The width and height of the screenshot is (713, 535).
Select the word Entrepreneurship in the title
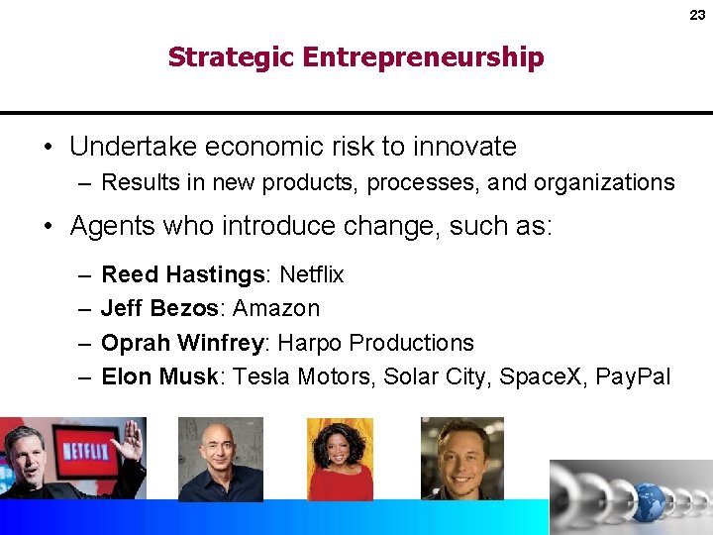point(424,57)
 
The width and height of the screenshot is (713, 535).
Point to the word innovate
point(464,147)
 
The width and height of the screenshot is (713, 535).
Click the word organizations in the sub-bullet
point(604,182)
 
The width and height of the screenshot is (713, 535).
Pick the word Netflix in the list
point(312,273)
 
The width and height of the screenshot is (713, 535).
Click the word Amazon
point(276,308)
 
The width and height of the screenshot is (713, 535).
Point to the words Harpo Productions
point(375,343)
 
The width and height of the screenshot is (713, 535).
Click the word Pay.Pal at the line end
point(633,376)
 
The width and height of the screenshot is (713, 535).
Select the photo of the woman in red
point(340,459)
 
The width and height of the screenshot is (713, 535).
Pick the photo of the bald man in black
point(220,459)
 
